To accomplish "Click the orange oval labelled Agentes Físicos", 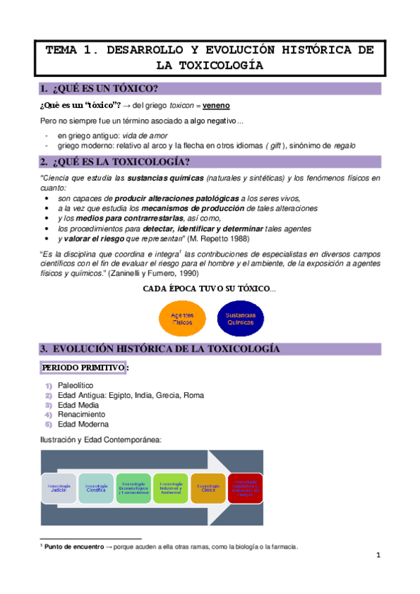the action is pos(182,319).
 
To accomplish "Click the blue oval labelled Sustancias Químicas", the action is pos(241,319).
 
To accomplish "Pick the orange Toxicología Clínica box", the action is pos(208,488).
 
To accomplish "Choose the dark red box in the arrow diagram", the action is pos(245,488).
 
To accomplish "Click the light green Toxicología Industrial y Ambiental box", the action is pos(170,488).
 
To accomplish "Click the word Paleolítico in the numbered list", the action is pos(75,385).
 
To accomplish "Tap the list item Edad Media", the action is pos(77,405).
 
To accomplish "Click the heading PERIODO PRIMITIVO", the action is pos(83,368).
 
